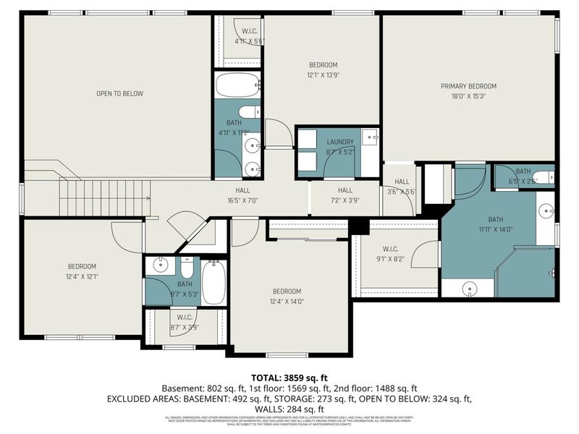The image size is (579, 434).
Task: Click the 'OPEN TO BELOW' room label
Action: click(x=120, y=93)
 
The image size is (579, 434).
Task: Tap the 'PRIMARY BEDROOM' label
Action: click(x=468, y=86)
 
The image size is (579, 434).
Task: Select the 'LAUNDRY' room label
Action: click(x=339, y=142)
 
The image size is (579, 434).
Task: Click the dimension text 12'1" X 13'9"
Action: click(x=322, y=75)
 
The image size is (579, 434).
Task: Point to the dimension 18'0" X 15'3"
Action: click(x=468, y=95)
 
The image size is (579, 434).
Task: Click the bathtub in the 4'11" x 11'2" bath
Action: click(x=237, y=85)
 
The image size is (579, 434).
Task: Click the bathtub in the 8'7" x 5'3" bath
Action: click(x=214, y=282)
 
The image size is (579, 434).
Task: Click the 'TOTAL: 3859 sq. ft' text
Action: click(x=289, y=378)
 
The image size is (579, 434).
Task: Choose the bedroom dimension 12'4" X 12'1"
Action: click(x=82, y=276)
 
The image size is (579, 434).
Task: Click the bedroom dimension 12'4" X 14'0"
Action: click(x=287, y=302)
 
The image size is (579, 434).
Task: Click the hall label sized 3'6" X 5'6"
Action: click(x=402, y=182)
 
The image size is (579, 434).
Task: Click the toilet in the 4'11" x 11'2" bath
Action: click(x=248, y=111)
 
